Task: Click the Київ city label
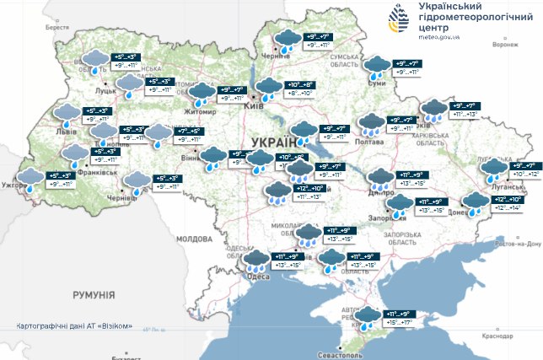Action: pyautogui.click(x=251, y=108)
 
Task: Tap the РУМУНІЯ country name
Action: pyautogui.click(x=94, y=295)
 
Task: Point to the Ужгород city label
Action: pyautogui.click(x=15, y=183)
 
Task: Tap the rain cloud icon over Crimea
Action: pyautogui.click(x=368, y=318)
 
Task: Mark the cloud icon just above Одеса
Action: pyautogui.click(x=255, y=261)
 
